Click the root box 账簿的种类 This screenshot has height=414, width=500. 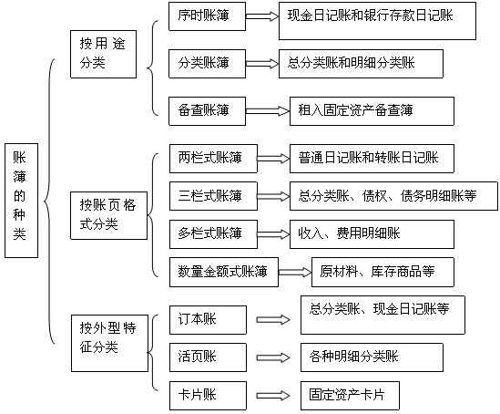tap(21, 201)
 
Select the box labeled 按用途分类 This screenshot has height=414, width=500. tap(103, 54)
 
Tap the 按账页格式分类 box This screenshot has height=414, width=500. tap(108, 215)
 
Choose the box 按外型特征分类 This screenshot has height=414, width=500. tap(109, 343)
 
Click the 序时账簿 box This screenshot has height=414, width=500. tap(207, 16)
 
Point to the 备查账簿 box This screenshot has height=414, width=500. tap(207, 111)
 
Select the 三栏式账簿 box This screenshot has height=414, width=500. tap(213, 196)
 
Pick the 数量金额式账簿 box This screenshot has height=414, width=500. tap(224, 272)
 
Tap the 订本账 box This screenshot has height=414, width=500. tap(208, 320)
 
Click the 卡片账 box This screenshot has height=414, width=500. tap(208, 396)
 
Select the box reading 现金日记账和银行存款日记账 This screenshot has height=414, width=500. tap(378, 21)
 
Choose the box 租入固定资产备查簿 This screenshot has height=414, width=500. tap(372, 111)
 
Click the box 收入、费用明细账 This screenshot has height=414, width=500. tap(372, 234)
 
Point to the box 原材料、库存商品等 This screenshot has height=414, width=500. tap(383, 272)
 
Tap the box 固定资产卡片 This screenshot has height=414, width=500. tap(350, 396)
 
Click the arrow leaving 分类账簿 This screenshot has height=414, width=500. tap(262, 63)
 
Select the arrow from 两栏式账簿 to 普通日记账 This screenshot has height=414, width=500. tap(273, 159)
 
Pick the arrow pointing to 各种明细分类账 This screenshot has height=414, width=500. tap(273, 357)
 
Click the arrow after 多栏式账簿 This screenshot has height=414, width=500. tap(273, 234)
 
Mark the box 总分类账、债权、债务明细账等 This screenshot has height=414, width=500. tap(393, 196)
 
